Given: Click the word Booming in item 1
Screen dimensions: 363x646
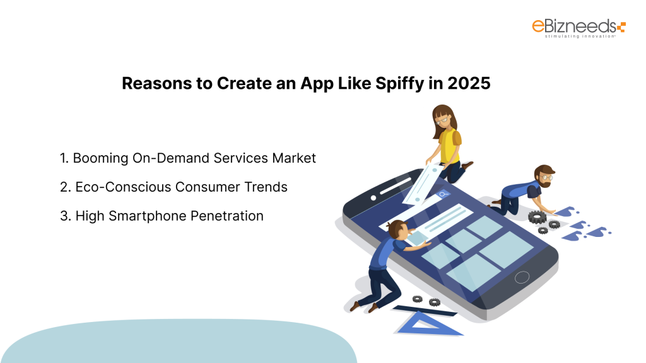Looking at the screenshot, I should tap(100, 158).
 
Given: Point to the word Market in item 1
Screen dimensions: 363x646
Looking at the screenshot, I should tap(294, 158).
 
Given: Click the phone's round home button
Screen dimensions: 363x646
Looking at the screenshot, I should tap(522, 277).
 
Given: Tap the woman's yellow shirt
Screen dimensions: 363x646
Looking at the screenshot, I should tap(449, 145).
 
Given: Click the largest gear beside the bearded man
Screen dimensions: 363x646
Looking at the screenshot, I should tap(537, 217).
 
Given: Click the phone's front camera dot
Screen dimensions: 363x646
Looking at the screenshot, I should tap(373, 198).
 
